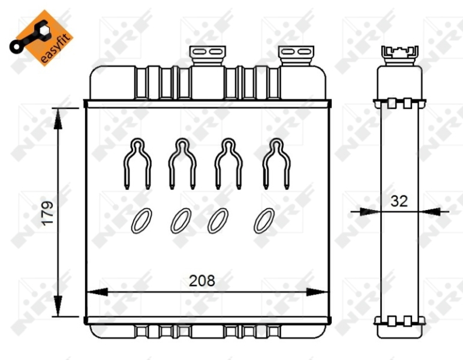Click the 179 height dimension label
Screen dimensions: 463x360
pos(47,213)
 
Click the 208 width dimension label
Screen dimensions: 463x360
pos(202,281)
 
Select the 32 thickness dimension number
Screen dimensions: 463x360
pos(399,201)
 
